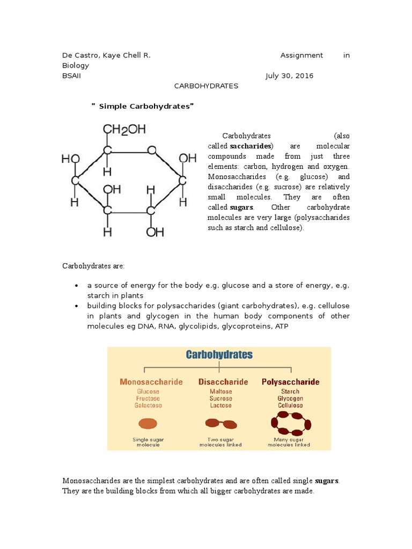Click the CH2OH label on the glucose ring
(x=124, y=130)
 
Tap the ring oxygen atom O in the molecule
(x=152, y=150)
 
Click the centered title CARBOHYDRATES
(x=207, y=86)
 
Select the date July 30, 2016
(x=289, y=76)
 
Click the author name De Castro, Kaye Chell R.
(x=110, y=55)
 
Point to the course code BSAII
(x=72, y=76)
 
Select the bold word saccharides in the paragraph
(x=251, y=146)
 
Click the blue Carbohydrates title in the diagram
(x=219, y=354)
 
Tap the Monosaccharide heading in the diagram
(x=151, y=382)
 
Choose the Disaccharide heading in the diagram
(x=223, y=382)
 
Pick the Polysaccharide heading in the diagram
(x=290, y=382)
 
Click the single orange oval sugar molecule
(x=148, y=424)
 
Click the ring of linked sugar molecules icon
(x=291, y=424)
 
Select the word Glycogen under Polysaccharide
(x=290, y=398)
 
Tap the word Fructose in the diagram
(x=148, y=398)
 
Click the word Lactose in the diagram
(x=220, y=405)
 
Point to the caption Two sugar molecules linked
(x=220, y=442)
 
